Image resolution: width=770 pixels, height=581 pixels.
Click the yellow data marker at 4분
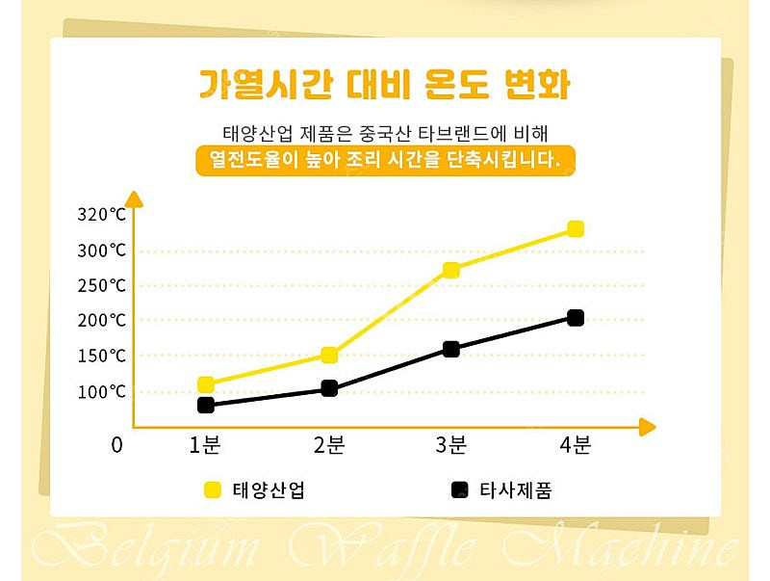[576, 228]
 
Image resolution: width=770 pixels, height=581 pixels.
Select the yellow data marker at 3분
[450, 270]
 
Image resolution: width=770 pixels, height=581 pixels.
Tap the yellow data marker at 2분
[329, 355]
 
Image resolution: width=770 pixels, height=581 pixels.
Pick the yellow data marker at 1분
[205, 384]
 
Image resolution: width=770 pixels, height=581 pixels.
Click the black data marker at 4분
[576, 318]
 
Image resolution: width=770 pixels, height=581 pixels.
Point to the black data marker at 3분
[450, 349]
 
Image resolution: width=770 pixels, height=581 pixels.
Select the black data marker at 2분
[329, 388]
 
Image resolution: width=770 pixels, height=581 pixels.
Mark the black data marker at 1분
[205, 405]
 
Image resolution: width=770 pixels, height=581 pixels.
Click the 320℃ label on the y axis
[102, 214]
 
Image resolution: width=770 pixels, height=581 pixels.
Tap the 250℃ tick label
[102, 285]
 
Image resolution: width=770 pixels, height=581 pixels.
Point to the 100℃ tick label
[102, 392]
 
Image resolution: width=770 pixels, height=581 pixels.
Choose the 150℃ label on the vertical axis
[102, 356]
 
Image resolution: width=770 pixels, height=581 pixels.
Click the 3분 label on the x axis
[450, 445]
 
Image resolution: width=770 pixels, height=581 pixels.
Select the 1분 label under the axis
[205, 445]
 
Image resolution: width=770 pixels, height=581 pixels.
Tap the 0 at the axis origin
[117, 445]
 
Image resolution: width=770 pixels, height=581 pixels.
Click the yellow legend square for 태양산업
[213, 489]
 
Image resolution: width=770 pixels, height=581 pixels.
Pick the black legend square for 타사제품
[459, 489]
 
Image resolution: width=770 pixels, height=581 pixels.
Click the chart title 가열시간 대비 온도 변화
[385, 85]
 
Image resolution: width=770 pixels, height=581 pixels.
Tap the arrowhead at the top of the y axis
[134, 199]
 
